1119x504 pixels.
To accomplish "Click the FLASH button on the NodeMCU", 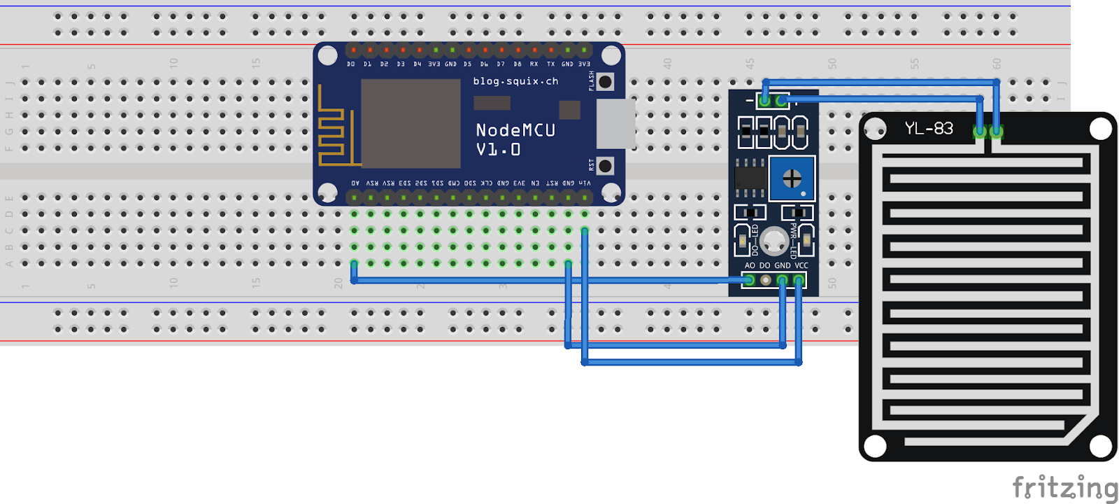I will click(606, 82).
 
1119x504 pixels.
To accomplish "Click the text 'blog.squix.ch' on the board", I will click(515, 81).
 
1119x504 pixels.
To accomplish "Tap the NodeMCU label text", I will click(515, 130).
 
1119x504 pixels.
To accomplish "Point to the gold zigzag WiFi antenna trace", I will click(333, 129).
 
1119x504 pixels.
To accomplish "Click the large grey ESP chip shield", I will click(411, 123).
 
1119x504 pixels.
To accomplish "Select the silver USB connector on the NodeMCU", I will click(615, 123).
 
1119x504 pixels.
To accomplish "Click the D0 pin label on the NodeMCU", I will click(351, 64).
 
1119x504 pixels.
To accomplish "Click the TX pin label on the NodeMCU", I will click(550, 64).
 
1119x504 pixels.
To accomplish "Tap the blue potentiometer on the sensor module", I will click(792, 178).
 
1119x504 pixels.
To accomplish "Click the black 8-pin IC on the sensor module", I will click(750, 178).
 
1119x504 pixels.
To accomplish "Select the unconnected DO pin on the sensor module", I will click(766, 280).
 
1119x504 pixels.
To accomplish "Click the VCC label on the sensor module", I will click(801, 265).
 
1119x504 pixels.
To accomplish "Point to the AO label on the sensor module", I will click(750, 265).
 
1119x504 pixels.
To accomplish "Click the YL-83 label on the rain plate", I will click(929, 128).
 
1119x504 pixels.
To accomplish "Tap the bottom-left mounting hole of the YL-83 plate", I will click(875, 444).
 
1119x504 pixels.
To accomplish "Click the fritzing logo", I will click(1064, 487).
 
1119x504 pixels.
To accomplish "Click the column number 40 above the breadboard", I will click(667, 63).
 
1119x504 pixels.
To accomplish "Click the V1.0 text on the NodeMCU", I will click(498, 150).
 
